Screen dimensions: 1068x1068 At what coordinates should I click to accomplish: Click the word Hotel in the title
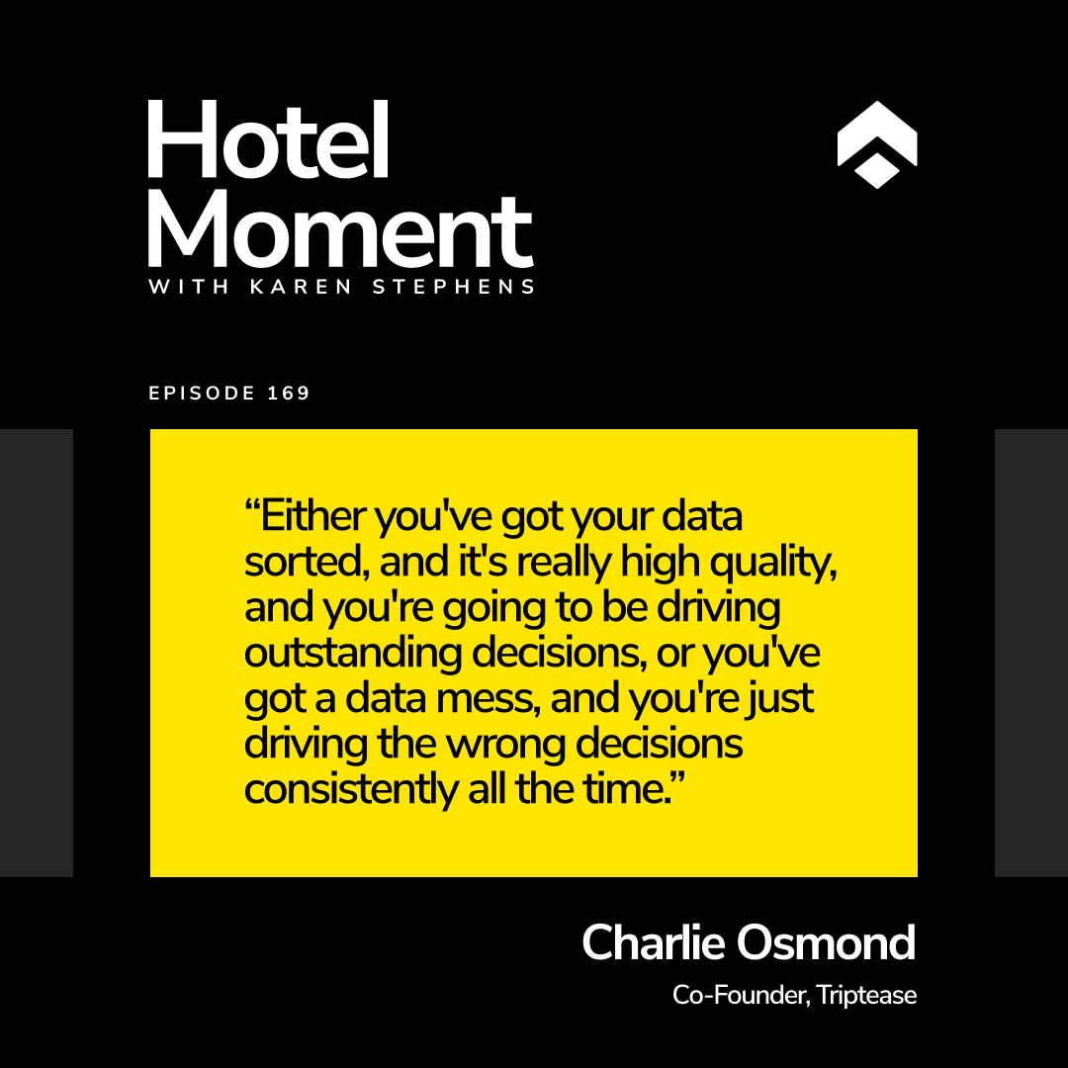click(268, 139)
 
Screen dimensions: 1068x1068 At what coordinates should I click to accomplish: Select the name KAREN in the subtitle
click(301, 287)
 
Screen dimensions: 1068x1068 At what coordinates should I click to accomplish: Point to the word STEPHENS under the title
click(454, 287)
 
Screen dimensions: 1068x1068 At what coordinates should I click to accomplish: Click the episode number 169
click(289, 393)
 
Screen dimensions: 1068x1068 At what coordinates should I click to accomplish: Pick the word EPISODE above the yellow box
click(202, 393)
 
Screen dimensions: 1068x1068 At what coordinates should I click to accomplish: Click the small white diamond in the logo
click(876, 171)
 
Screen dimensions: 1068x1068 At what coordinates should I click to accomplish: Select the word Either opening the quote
click(313, 515)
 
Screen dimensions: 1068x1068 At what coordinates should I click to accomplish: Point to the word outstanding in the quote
click(353, 652)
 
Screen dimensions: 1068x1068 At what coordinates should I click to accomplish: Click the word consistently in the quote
click(351, 789)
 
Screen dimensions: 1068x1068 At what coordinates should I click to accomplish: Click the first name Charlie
click(654, 942)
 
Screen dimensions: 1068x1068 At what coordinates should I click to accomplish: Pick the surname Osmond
click(826, 942)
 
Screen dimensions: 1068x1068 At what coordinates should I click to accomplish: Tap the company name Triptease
click(866, 995)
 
